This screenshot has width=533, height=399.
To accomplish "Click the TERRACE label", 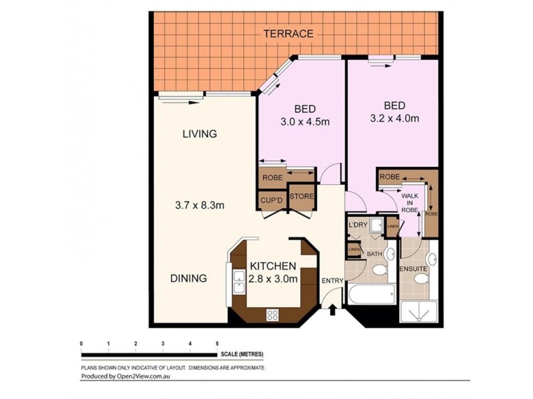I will (x=288, y=33).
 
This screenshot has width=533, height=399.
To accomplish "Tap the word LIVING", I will (x=200, y=134).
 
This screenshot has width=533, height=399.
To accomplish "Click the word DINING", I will (x=187, y=279).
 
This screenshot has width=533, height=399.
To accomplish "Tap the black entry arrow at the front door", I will (x=332, y=309).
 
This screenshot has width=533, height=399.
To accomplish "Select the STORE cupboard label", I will (x=302, y=198).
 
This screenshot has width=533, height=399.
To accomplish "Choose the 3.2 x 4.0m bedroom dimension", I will (x=394, y=119).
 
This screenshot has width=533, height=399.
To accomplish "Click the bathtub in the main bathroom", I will (x=370, y=293).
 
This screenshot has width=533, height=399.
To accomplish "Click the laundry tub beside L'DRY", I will (x=376, y=226).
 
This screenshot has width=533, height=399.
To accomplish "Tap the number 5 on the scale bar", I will (x=217, y=343).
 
